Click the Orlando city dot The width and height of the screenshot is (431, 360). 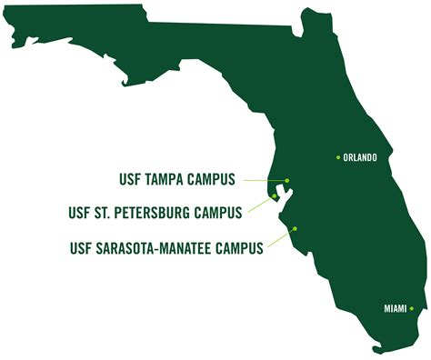coord(338,157)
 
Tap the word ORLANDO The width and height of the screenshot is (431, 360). coord(360,158)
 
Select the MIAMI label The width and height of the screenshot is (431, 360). coord(393,310)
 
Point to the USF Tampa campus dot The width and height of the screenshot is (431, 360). coord(286,180)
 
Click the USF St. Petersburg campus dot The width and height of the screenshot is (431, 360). coord(275,195)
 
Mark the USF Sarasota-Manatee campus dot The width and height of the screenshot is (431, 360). coord(294,229)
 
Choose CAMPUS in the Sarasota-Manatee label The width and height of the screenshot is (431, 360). coord(238,247)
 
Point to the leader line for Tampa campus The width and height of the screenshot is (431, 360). coord(264,180)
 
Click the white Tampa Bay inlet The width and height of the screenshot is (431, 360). coord(286,193)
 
